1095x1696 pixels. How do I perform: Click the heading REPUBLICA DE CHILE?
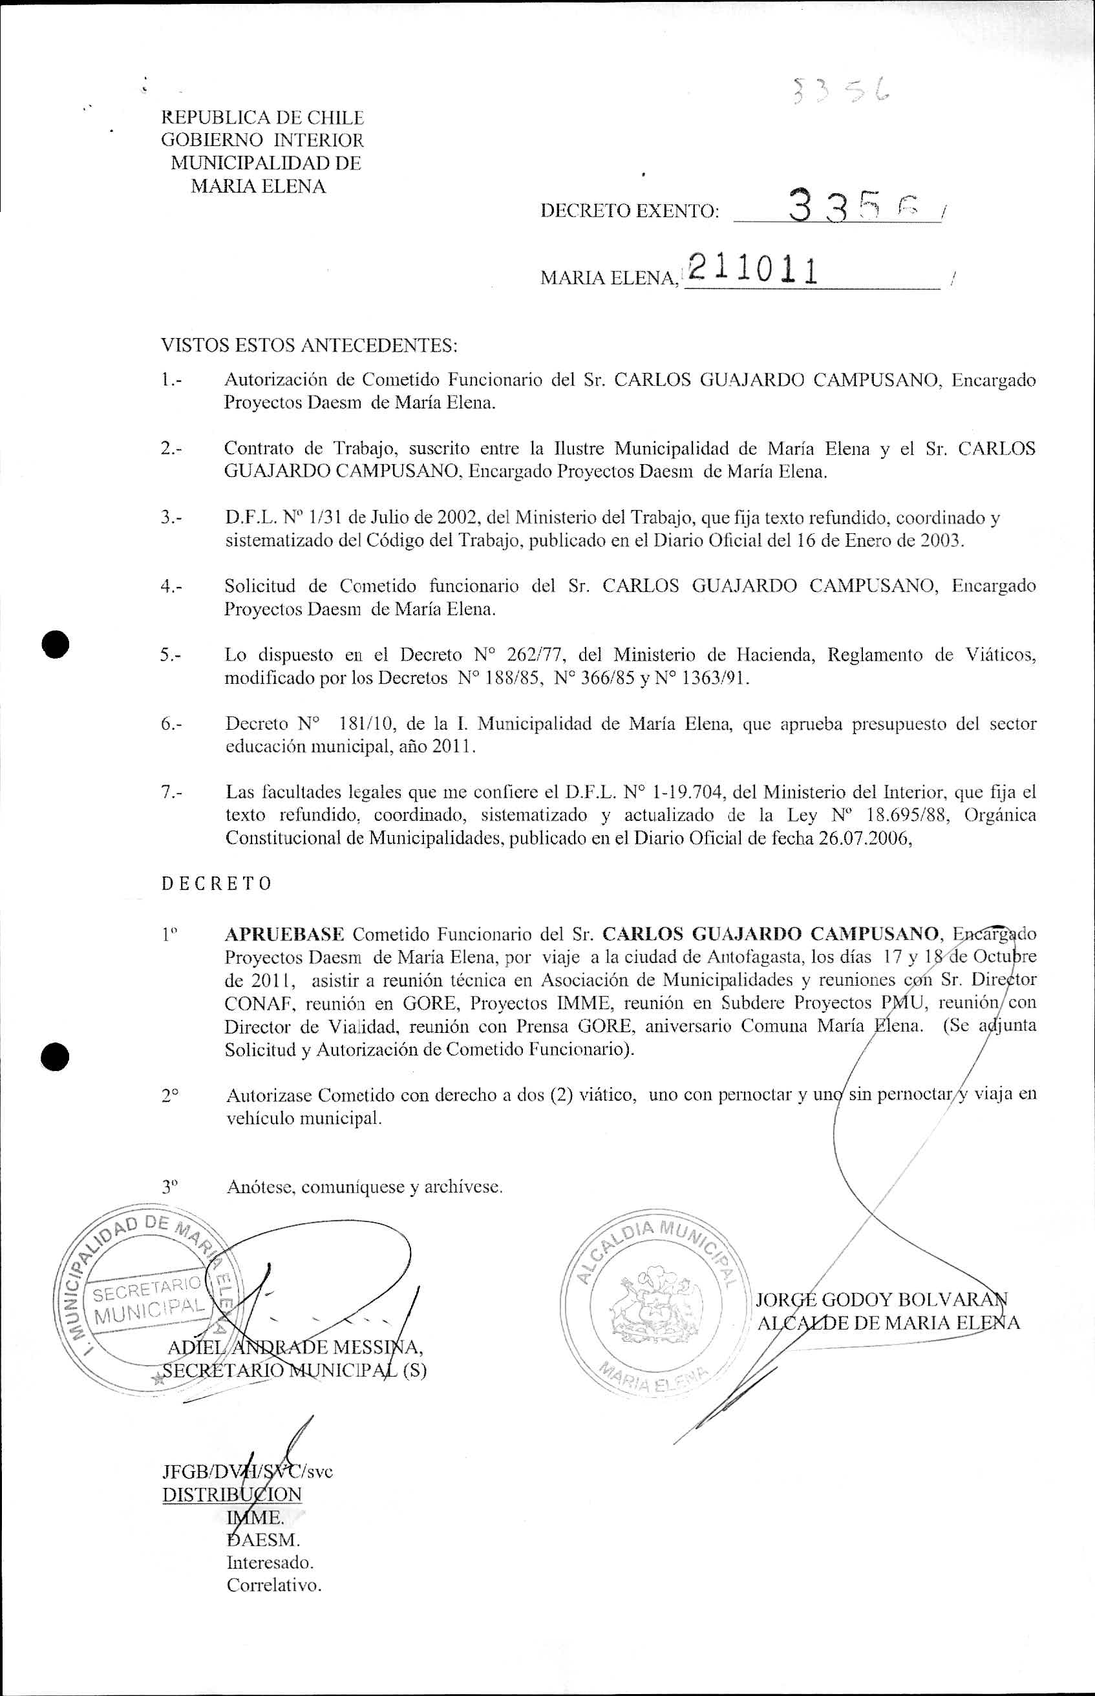[262, 117]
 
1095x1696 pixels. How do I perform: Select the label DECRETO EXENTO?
[630, 211]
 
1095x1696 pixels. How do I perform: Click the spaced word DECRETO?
[216, 884]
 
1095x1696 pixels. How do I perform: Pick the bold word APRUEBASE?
[284, 934]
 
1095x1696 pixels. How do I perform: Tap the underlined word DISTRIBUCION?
[232, 1494]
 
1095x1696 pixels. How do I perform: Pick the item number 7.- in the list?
[171, 792]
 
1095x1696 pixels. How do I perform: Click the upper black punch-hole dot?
[55, 644]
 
